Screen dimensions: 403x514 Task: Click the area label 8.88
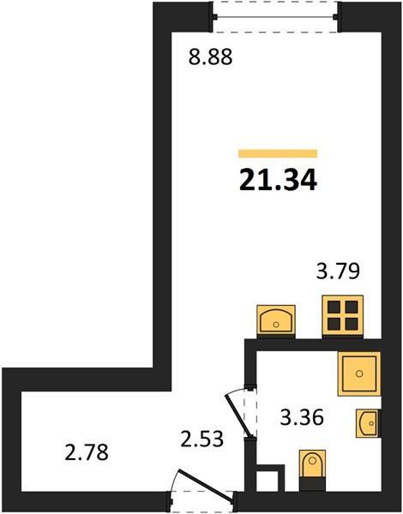[210, 57]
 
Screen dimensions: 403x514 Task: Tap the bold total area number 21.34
[278, 180]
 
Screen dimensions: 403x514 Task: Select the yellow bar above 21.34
[278, 153]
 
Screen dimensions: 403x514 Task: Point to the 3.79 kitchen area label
[338, 271]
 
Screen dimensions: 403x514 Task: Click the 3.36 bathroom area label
[302, 417]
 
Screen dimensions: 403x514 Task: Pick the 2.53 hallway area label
[202, 439]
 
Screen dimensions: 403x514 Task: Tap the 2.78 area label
[87, 452]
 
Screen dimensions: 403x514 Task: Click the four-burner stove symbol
[343, 315]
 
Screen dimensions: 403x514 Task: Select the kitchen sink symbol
[276, 320]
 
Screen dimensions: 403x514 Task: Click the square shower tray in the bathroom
[359, 374]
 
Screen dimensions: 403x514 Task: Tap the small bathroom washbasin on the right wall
[369, 423]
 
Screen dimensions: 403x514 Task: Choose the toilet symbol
[312, 470]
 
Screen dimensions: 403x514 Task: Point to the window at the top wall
[274, 17]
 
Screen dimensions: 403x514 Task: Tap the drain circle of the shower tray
[359, 374]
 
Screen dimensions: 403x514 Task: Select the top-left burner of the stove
[334, 307]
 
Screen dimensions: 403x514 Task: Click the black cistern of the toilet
[312, 484]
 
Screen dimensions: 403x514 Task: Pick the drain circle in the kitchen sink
[276, 325]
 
